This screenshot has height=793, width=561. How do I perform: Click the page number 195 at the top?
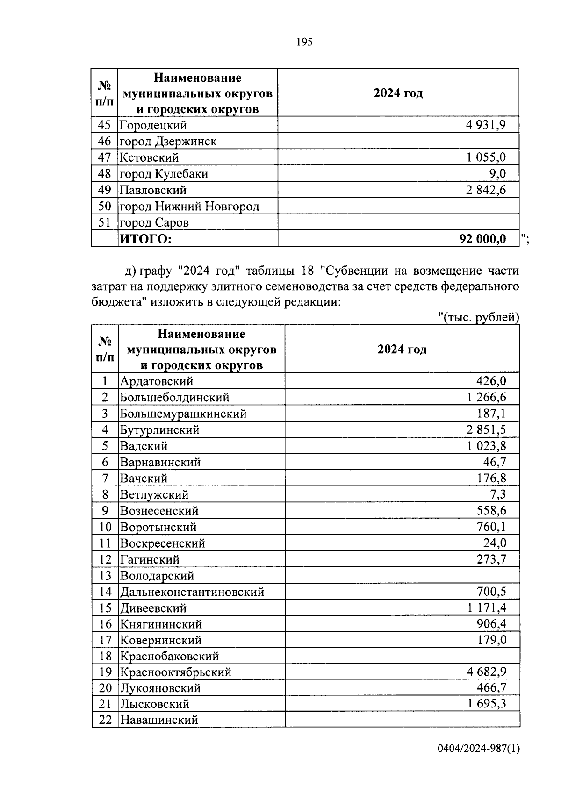tap(304, 42)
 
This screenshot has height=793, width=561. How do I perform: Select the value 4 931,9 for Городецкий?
tap(486, 125)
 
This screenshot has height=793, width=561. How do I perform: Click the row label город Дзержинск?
tap(168, 141)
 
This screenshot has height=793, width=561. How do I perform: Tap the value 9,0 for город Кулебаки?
tap(497, 174)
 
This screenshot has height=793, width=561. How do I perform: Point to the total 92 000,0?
tap(482, 239)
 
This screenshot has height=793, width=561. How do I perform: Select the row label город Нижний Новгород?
tap(189, 206)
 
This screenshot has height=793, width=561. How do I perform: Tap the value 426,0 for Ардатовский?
tap(491, 381)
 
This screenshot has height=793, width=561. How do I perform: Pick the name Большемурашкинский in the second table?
tap(183, 414)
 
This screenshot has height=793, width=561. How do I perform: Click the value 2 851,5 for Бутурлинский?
tap(486, 429)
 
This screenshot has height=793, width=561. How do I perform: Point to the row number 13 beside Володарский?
tap(105, 576)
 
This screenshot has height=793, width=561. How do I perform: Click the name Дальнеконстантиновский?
tap(192, 592)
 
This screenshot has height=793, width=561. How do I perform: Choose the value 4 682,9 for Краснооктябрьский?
tap(486, 672)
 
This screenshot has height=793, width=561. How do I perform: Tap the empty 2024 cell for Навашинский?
tap(402, 720)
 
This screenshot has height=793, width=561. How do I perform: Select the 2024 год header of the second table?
tap(402, 349)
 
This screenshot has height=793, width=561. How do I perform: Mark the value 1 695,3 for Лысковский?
tap(486, 704)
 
